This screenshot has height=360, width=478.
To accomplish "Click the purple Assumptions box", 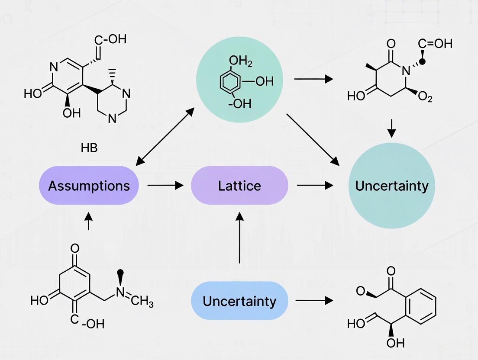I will pos(89,186).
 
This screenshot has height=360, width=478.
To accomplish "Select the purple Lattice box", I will pos(239,186).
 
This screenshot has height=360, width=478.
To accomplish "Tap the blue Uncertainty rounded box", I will pos(239,301).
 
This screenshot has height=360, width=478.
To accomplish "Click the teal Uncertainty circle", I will pos(391,186).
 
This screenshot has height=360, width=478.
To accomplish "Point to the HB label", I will pos(89,148).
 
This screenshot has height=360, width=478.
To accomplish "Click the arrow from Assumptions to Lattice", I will pos(165,186).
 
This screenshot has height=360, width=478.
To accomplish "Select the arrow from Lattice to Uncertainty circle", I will pos(315,186).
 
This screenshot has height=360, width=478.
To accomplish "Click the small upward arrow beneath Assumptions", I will pos(89,221).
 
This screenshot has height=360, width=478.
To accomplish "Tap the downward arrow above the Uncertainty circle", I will pos(391,128).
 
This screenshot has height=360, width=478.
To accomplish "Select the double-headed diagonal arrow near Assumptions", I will pos(165,137).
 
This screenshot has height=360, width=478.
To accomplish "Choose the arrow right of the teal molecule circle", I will pos(313,79).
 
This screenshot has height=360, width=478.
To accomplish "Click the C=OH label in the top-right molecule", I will pos(435,43).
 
